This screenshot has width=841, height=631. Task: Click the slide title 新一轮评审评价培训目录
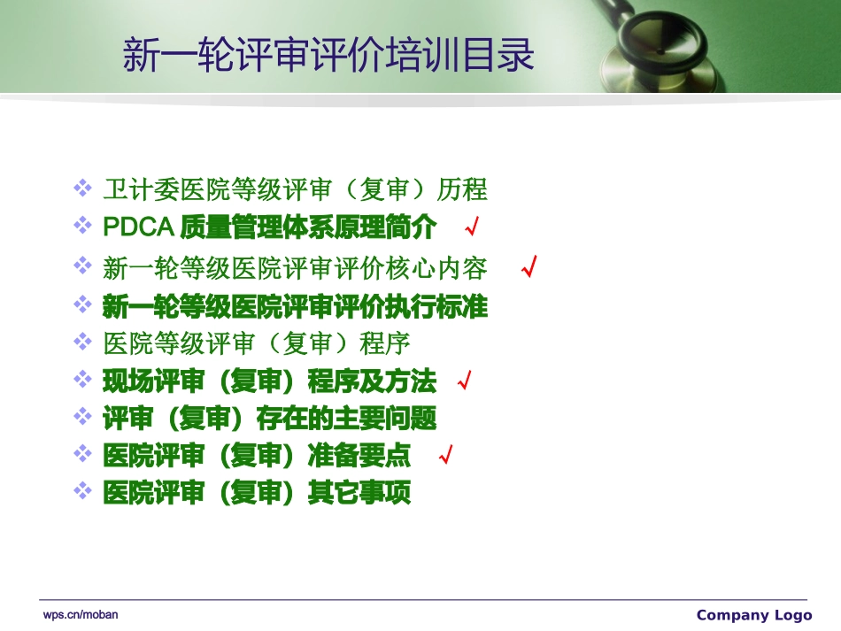point(328,55)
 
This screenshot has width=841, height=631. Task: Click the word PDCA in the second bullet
point(137,227)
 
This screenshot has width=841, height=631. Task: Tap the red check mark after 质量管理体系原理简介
point(472,228)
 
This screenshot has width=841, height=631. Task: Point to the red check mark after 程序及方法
point(463,382)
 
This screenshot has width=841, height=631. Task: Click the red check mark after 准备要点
point(446,456)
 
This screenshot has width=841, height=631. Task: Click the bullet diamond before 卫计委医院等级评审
point(82,188)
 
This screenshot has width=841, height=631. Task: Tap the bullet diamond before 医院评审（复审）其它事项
point(82,490)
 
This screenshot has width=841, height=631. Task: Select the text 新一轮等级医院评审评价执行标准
point(295,307)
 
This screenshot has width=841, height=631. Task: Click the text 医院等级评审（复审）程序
point(256,343)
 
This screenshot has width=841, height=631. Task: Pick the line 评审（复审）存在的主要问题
point(269,418)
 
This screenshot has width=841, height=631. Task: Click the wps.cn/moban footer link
point(81,614)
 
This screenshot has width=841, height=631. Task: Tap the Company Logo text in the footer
point(753,615)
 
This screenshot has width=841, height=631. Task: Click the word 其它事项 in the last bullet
point(359,492)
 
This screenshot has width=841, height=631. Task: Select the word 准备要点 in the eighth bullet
point(359,456)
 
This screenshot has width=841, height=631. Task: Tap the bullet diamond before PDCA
point(82,225)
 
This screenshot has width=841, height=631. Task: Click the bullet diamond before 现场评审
point(82,380)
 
